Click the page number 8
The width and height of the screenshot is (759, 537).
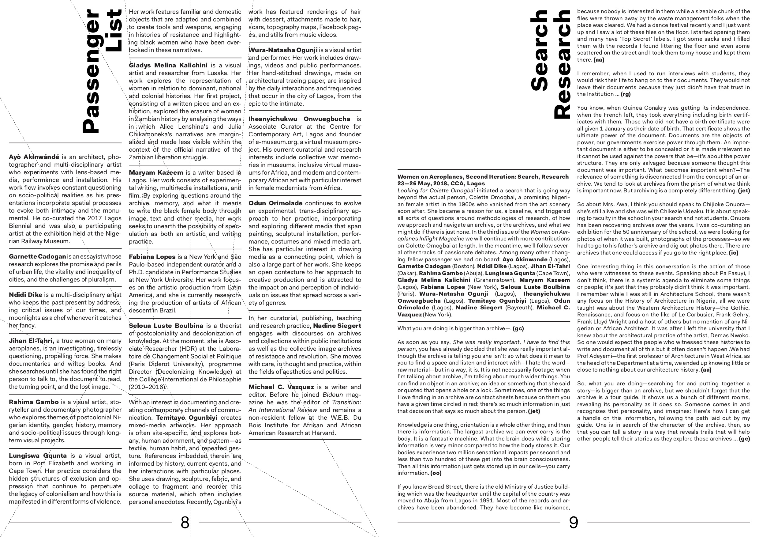[x=185, y=522]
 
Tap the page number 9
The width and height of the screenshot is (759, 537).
[x=574, y=522]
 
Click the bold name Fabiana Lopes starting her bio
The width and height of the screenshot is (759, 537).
[x=152, y=257]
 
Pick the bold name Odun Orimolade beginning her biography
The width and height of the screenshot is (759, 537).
[x=275, y=203]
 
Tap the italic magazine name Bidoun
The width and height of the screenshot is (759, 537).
[x=333, y=395]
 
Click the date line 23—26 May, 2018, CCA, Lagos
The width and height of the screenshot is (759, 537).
[x=441, y=183]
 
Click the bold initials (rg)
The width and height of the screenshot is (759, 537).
[x=626, y=94]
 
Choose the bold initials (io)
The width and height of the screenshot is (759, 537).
[x=734, y=253]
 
